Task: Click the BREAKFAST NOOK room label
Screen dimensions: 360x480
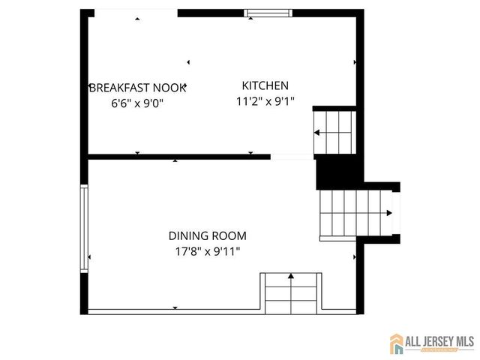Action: [137, 87]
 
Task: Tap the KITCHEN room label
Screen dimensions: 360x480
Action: [265, 85]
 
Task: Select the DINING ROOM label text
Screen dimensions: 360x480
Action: [207, 235]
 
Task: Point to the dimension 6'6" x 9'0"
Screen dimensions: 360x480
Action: [137, 103]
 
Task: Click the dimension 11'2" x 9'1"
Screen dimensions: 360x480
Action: [265, 101]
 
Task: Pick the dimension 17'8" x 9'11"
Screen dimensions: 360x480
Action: [207, 251]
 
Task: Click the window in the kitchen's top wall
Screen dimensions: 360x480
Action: [268, 13]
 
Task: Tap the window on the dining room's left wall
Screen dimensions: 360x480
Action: [85, 232]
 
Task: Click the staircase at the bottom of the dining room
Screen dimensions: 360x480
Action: [291, 293]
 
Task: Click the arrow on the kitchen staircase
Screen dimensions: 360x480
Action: [318, 133]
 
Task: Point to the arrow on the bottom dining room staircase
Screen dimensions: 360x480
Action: [291, 277]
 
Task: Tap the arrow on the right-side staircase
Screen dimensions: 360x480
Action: [388, 213]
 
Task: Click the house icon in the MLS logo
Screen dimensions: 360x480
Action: [396, 343]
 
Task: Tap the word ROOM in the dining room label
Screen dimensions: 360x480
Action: [230, 235]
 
